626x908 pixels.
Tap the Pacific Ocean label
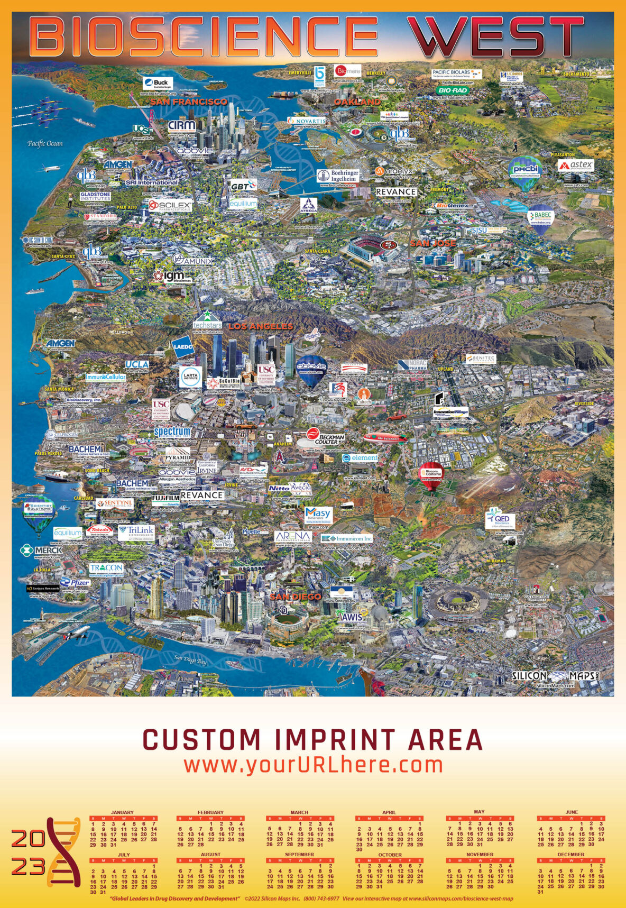point(45,143)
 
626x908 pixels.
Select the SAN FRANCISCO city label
point(188,101)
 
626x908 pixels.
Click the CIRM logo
point(182,126)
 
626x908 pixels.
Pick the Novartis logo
point(307,121)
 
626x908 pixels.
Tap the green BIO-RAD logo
point(452,90)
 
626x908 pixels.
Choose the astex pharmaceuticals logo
point(576,166)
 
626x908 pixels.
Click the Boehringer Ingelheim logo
point(338,176)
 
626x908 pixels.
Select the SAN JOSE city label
point(433,243)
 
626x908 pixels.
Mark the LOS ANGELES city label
point(260,326)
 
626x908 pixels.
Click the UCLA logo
point(137,364)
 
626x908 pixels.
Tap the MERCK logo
point(42,550)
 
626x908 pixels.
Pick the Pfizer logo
point(75,583)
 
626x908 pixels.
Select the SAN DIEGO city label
point(296,597)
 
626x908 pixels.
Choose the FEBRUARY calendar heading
point(210,812)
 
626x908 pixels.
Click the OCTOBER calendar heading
point(390,855)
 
